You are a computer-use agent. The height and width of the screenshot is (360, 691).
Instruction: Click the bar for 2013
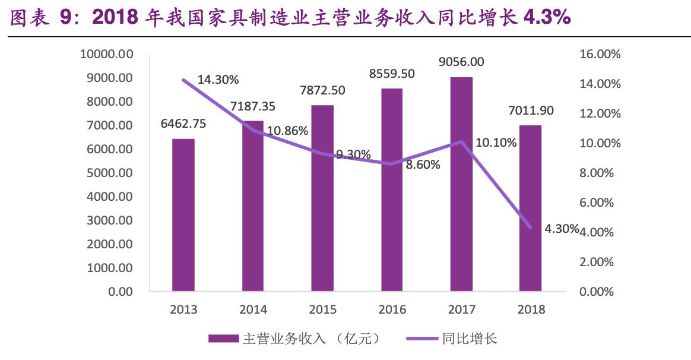point(183,215)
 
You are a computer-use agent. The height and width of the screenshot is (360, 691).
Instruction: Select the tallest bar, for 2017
point(461,184)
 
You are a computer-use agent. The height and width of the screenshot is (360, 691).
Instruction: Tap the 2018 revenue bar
point(530,208)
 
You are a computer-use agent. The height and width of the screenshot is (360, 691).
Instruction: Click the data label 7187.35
point(253,108)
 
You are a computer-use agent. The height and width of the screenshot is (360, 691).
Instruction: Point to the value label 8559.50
point(392,74)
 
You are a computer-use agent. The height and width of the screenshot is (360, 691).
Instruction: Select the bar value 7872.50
point(322,90)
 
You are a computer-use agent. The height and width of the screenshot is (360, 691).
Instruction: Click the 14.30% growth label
point(218,80)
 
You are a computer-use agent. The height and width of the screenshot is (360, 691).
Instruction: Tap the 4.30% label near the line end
point(561,228)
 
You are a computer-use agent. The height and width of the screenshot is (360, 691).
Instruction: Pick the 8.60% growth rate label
point(423,165)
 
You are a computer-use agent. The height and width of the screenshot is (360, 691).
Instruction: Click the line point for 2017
point(461,141)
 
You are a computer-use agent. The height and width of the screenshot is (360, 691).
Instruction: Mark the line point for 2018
point(530,228)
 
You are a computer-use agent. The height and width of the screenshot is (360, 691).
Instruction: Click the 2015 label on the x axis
point(322,310)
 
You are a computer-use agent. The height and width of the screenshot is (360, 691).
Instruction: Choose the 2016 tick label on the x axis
point(392,310)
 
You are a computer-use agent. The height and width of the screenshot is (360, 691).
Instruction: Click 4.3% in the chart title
point(546,18)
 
